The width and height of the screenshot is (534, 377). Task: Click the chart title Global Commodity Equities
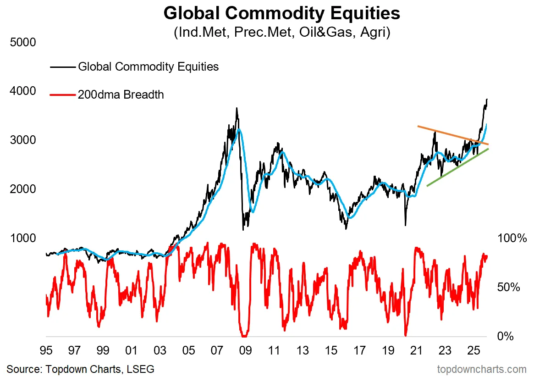tap(281, 13)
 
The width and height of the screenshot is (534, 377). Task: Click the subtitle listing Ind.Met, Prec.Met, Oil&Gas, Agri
tap(281, 33)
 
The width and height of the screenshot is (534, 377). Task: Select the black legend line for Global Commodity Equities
tap(62, 67)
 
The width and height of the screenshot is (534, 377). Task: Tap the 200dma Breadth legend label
tap(121, 95)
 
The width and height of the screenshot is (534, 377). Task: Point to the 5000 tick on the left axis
tap(22, 42)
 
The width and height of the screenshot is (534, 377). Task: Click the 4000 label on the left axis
tap(22, 91)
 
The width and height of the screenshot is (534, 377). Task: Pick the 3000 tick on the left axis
tap(22, 140)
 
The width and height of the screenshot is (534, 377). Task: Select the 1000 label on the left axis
tap(22, 238)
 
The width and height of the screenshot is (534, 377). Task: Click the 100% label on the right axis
tap(512, 238)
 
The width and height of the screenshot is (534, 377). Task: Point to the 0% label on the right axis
tap(506, 336)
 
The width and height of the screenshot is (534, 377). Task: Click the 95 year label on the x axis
tap(45, 351)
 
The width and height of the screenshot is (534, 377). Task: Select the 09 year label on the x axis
tap(246, 351)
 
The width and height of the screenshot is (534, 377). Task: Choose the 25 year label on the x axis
tap(473, 351)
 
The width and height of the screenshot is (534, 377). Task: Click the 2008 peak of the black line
tap(237, 109)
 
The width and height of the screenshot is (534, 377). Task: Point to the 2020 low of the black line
tap(405, 225)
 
